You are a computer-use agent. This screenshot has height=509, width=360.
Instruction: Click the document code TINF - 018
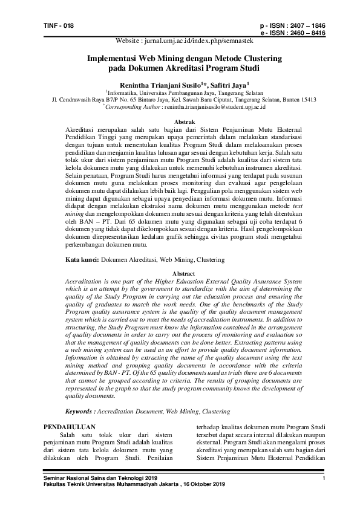point(59,25)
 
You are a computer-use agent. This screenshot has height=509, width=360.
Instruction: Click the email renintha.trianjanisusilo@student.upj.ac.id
point(214,106)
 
